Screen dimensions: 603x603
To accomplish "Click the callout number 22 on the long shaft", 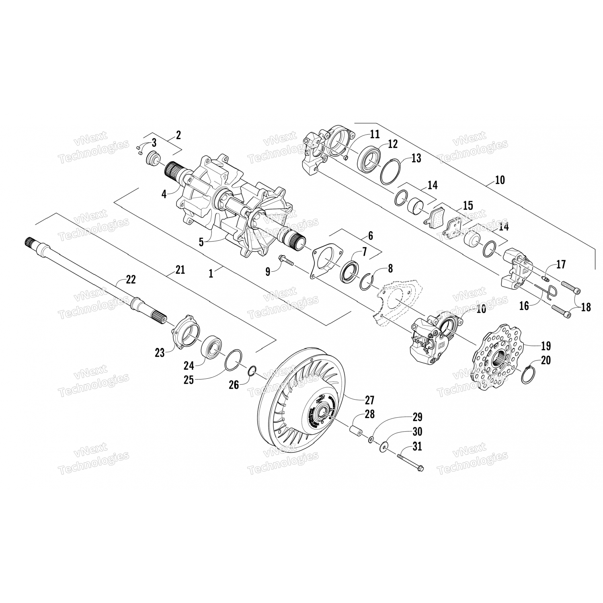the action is point(131,279).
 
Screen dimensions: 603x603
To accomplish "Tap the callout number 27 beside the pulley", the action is point(369,400).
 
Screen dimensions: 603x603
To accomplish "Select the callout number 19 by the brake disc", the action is point(546,346).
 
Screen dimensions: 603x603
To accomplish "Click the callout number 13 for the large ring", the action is point(416,158).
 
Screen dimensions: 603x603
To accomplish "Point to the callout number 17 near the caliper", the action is point(561,264).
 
